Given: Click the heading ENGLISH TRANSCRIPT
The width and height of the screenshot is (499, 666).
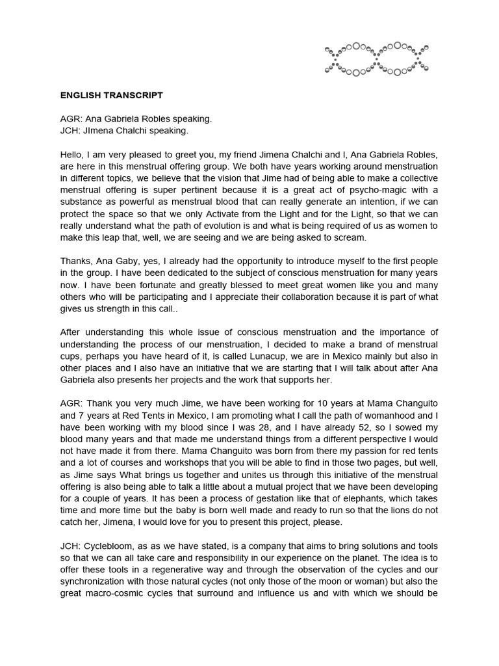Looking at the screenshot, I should click(111, 95).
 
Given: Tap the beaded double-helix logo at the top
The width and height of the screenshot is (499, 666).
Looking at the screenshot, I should click(377, 59).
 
